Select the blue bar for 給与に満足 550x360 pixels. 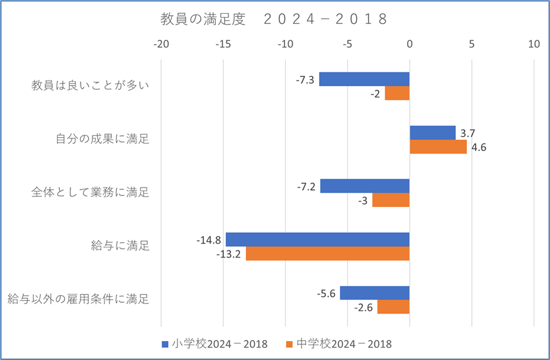coord(318,240)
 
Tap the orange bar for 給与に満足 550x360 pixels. coord(328,254)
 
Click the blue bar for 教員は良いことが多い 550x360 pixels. coord(364,79)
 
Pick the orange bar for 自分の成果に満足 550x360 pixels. coord(438,147)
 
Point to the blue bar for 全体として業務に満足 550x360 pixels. coord(365,186)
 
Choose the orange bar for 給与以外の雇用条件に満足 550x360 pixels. coord(393,307)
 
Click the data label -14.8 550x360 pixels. coord(209,240)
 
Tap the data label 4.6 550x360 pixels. coord(479,147)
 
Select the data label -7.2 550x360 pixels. coord(306,187)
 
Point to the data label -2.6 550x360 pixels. coord(364,307)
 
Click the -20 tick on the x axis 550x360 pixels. coord(162,45)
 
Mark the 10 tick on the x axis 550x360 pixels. coord(534,45)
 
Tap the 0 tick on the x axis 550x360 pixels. coord(410,45)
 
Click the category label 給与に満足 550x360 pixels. coord(120,246)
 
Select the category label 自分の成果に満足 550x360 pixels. coord(102,139)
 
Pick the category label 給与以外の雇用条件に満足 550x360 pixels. coord(79,299)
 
